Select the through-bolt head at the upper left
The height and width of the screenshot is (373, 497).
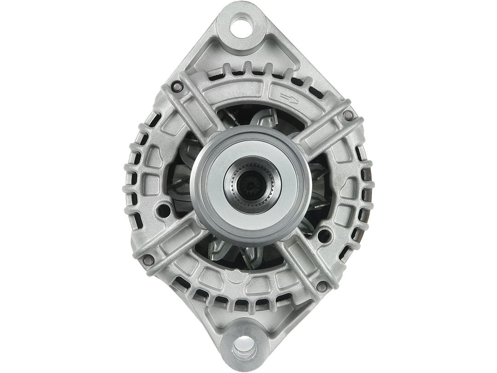[x=176, y=85]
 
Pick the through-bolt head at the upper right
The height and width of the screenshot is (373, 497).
[x=348, y=114]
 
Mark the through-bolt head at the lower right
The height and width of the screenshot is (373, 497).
[x=322, y=286]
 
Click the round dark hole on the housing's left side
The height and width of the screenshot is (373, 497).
[x=163, y=210]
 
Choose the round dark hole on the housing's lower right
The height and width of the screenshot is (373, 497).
[x=324, y=235]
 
